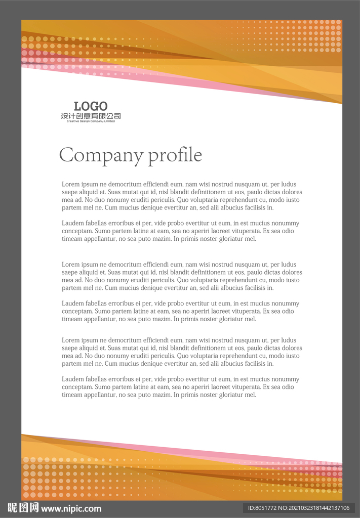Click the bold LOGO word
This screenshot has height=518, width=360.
(x=91, y=106)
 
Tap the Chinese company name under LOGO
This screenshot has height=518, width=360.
(x=91, y=116)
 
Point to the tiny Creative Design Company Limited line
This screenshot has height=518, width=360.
(x=91, y=121)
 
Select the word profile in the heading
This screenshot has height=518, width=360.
(x=175, y=155)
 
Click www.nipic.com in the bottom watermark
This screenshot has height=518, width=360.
(x=71, y=508)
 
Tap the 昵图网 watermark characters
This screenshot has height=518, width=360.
(x=23, y=508)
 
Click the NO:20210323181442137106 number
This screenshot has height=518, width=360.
(x=315, y=508)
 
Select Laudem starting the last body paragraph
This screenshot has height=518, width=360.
(x=72, y=379)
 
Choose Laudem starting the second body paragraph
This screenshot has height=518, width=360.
(x=72, y=223)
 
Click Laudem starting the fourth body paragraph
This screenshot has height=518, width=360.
(x=72, y=304)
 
